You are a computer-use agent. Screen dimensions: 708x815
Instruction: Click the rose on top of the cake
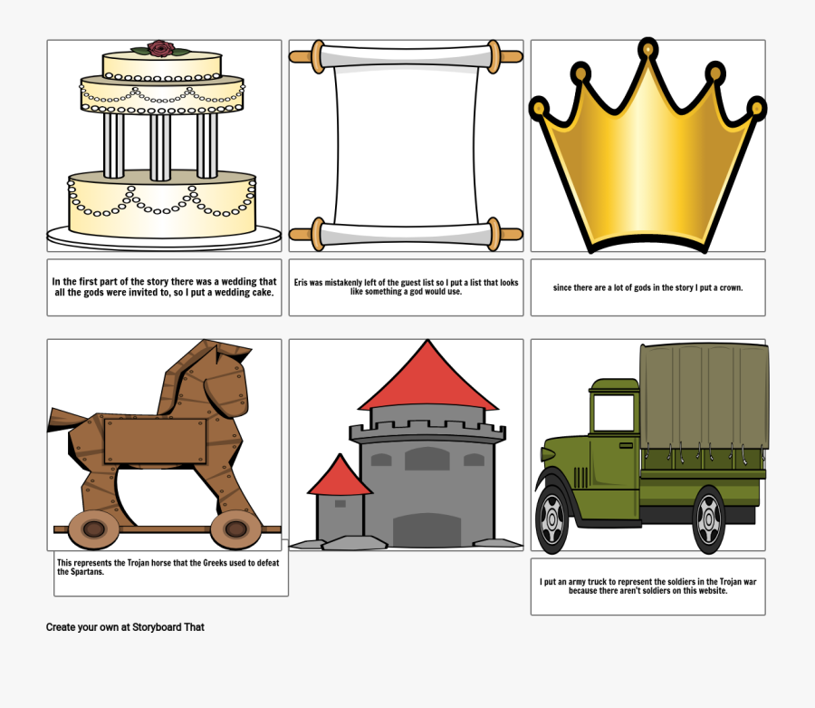161,48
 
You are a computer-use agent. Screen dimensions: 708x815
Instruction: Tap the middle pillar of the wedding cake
160,145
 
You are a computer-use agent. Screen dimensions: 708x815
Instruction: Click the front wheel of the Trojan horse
235,529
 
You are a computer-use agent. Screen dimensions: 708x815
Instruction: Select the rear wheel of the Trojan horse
89,529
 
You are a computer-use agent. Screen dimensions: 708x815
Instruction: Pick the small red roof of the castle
340,476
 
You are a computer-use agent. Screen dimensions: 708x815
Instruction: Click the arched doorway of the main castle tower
427,529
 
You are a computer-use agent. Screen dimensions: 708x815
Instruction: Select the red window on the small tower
340,503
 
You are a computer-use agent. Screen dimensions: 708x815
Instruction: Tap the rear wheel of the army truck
709,519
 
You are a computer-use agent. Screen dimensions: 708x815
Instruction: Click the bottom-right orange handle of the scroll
510,234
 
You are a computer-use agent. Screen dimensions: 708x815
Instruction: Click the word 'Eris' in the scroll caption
302,283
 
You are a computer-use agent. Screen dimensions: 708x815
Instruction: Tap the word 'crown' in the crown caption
729,287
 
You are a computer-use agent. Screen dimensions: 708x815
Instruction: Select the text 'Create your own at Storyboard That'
125,626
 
